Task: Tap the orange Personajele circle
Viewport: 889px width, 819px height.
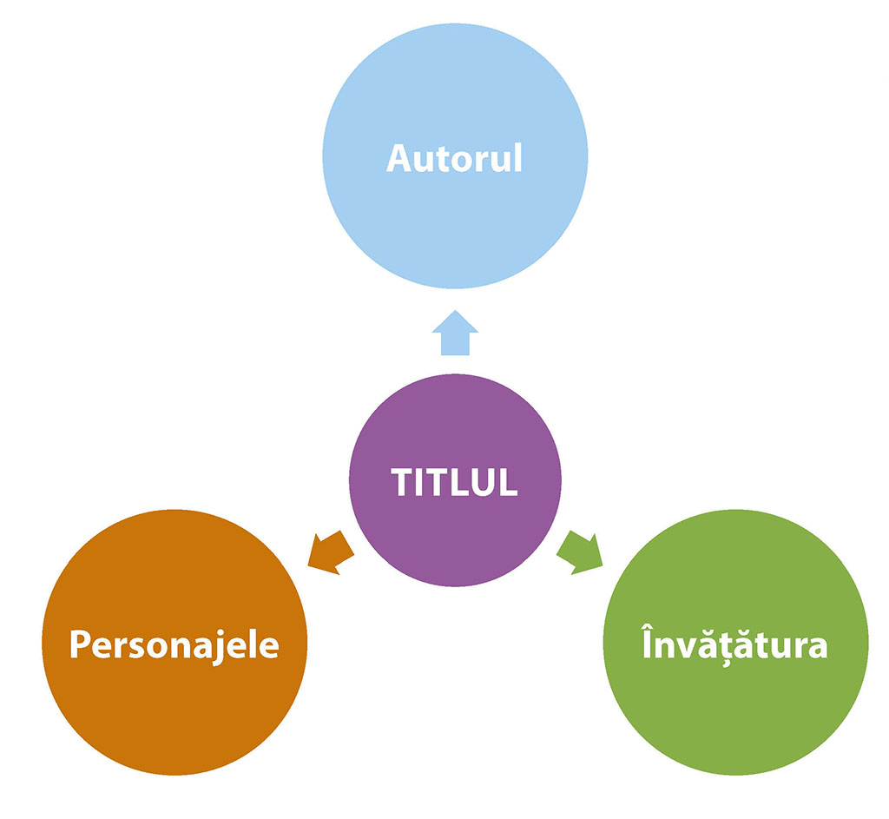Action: click(x=174, y=695)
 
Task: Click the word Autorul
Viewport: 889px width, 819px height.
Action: click(x=454, y=159)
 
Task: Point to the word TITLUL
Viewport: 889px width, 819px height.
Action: click(x=454, y=482)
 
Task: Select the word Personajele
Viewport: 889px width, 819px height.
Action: click(x=174, y=646)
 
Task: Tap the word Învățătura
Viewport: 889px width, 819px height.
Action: click(x=734, y=646)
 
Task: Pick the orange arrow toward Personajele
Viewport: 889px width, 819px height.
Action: click(x=331, y=552)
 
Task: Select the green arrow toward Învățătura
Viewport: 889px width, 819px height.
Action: click(x=580, y=552)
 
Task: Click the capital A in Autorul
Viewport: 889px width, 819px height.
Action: click(x=399, y=159)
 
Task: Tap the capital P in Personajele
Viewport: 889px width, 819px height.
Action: click(x=80, y=646)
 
